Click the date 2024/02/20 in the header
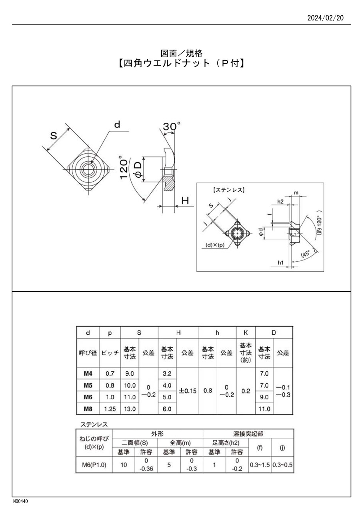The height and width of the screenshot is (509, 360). coord(325,18)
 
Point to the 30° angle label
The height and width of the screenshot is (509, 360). coord(172,126)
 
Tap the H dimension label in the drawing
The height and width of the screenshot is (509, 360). coord(186,200)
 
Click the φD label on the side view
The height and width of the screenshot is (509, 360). coord(138,170)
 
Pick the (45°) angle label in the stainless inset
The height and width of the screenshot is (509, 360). coord(306,254)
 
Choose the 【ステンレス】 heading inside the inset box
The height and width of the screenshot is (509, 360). coord(228,190)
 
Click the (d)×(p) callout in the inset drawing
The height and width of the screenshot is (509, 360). coord(215,244)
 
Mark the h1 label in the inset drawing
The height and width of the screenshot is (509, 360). coord(281,263)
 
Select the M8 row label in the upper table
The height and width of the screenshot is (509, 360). coord(88,409)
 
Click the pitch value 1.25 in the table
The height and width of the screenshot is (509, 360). coord(110,409)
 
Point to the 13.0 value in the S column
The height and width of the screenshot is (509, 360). coord(130,409)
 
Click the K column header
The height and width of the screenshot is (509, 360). coord(246,333)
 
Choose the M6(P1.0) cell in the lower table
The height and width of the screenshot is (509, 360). coord(94,465)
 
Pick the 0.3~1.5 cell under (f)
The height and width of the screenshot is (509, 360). coord(260,465)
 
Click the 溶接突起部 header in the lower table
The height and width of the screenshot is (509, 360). coord(248,433)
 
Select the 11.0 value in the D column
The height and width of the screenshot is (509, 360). coord(264,409)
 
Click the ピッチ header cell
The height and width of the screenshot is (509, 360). coord(110,353)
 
